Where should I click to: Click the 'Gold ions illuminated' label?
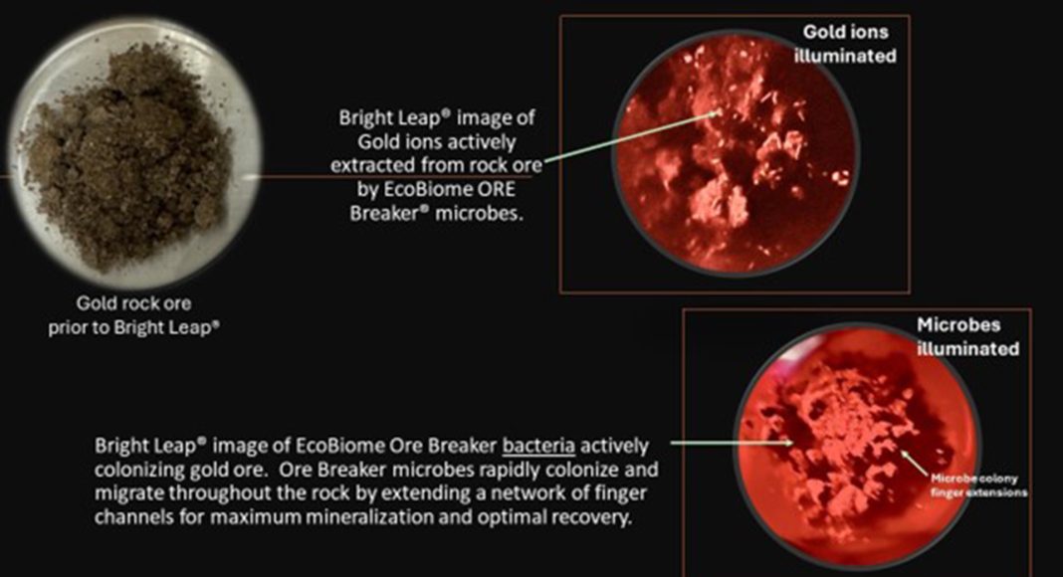tap(845, 44)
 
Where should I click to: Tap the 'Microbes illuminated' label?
tap(968, 336)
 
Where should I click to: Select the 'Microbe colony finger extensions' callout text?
tap(979, 485)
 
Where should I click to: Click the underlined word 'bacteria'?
tap(538, 447)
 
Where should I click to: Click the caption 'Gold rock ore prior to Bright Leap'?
tap(133, 315)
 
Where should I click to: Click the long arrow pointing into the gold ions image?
tap(631, 138)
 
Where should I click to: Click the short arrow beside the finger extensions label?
tap(915, 463)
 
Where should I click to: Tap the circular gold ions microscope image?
tap(737, 152)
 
